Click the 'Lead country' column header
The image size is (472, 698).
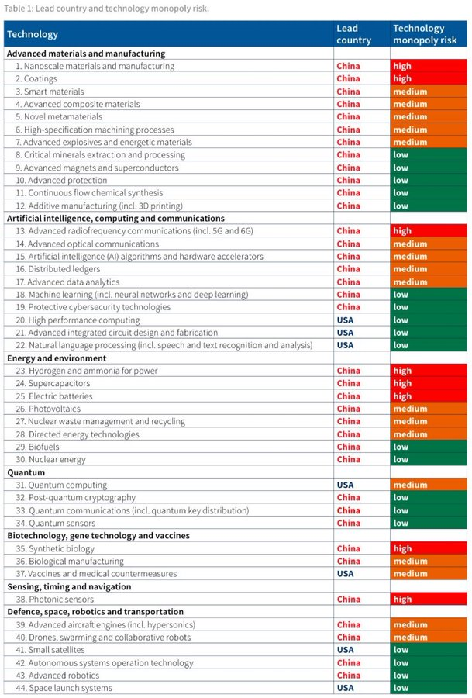click(x=353, y=34)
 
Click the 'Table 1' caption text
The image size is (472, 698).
click(x=106, y=9)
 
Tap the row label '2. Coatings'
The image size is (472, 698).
click(x=36, y=79)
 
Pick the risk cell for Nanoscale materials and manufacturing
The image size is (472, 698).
click(x=429, y=67)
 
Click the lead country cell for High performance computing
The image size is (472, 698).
click(x=346, y=320)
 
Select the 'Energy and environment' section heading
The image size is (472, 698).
click(x=57, y=358)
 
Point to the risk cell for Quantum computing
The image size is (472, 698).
click(x=429, y=485)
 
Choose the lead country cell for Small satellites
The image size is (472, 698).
click(x=346, y=650)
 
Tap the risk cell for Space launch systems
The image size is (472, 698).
click(x=429, y=688)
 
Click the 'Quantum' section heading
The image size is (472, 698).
click(x=26, y=472)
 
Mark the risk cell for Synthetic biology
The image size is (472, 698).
click(x=429, y=549)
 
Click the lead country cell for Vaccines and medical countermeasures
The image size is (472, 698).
click(x=346, y=574)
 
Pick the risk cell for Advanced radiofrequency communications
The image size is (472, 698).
click(x=429, y=231)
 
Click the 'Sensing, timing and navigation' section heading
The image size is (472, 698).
click(x=69, y=587)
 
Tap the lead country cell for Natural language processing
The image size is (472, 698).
click(x=346, y=345)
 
